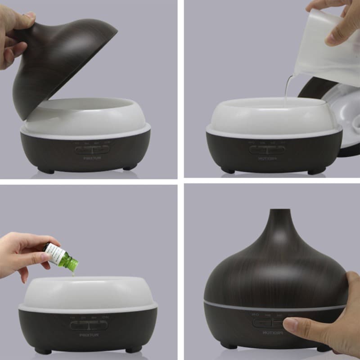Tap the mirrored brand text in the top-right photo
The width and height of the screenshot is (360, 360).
point(267,158)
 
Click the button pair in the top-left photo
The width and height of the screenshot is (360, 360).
point(92,149)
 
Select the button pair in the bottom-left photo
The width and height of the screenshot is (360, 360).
point(89,325)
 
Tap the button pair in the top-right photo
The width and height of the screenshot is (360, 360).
point(267,149)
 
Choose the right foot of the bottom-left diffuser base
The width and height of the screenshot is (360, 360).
point(134,349)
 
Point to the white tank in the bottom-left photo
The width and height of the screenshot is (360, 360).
point(88,292)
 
